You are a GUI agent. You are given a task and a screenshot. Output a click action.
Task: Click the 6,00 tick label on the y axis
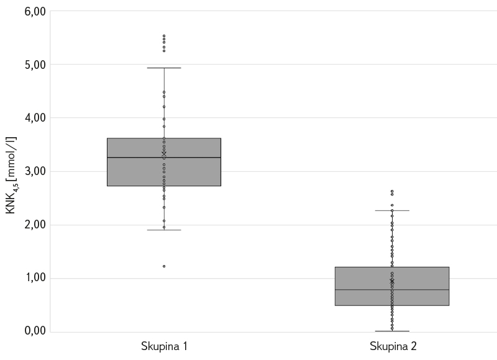[35, 11]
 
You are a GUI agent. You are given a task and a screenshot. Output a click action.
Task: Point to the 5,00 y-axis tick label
[35, 65]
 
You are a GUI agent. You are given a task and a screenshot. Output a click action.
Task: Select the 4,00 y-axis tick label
[35, 118]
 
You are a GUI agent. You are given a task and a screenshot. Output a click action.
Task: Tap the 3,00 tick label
[35, 171]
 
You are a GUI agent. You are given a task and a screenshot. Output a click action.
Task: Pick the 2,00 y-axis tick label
[35, 225]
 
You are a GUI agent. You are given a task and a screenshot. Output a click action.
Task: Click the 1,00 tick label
[35, 278]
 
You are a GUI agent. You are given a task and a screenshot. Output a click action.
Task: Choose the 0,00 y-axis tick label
[35, 331]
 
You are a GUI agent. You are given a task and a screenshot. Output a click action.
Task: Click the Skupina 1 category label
[164, 346]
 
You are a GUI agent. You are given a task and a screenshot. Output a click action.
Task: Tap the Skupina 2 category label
[392, 346]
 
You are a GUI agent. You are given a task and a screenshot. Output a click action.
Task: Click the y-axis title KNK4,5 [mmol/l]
[12, 176]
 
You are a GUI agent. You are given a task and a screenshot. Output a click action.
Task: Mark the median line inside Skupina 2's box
[422, 290]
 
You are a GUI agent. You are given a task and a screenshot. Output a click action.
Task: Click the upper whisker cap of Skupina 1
[164, 68]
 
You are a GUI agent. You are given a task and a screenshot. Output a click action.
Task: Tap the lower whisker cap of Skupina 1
[164, 230]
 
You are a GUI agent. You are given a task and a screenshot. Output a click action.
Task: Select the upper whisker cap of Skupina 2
[392, 210]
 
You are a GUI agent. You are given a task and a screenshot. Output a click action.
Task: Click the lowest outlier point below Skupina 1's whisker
[164, 266]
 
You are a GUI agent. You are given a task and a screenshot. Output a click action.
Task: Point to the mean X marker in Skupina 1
[164, 153]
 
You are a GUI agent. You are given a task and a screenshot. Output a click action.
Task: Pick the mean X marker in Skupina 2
[392, 281]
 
